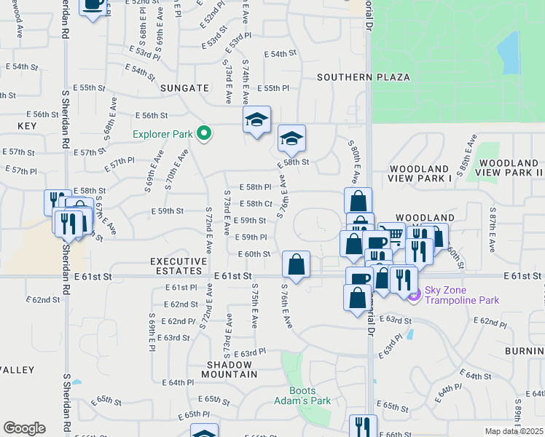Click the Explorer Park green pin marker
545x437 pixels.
click(x=204, y=133)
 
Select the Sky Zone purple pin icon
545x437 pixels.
click(x=415, y=295)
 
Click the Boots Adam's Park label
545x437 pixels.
click(x=302, y=395)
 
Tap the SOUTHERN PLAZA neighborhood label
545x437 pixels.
click(x=363, y=77)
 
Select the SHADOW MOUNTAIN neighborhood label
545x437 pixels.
click(x=232, y=369)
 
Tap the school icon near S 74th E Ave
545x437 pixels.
click(x=256, y=119)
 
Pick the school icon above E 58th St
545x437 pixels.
click(x=291, y=138)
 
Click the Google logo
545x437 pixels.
click(x=24, y=428)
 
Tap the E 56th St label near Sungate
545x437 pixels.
click(x=152, y=115)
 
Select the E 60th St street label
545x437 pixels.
click(x=254, y=253)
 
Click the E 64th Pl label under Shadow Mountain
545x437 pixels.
click(x=178, y=382)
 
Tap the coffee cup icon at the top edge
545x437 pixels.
click(x=93, y=6)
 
